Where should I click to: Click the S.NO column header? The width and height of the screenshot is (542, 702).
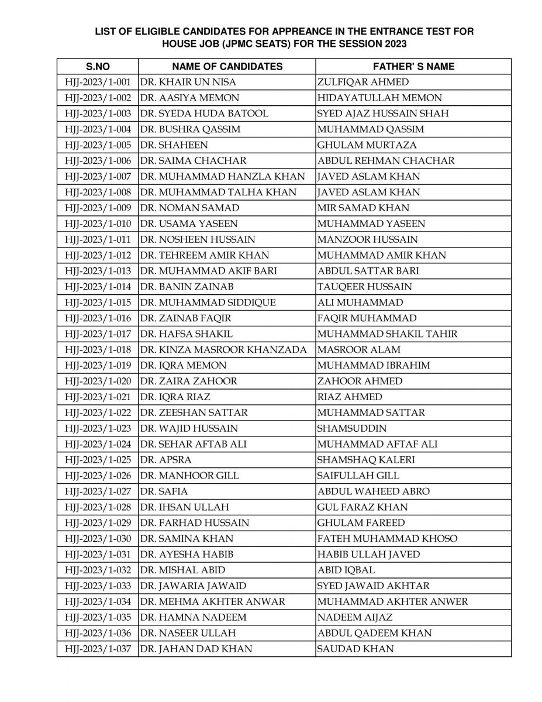coord(98,67)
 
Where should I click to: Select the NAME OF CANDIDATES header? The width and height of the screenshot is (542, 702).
coord(227,67)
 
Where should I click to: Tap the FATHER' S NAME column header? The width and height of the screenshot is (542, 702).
coord(413,67)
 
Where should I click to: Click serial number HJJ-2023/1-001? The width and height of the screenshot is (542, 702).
coord(98,82)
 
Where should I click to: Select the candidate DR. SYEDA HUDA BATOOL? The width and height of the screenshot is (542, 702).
coord(205,114)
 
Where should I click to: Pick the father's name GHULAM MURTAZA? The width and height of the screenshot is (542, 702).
coord(358,146)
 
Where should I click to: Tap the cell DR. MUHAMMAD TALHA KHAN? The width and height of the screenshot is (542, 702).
coord(219,192)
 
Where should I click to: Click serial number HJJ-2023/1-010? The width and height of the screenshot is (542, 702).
coord(98,224)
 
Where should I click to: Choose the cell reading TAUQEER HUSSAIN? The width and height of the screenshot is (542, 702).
coord(364,287)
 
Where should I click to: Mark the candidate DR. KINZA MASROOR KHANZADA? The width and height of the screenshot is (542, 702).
coord(224,350)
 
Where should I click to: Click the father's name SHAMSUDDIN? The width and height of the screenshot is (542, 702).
coord(352,428)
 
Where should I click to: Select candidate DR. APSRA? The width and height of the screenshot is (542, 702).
coord(167,460)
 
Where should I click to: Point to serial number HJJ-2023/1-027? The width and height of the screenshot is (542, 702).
coord(98,491)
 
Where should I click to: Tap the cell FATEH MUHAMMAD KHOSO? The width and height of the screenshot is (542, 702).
coord(387,539)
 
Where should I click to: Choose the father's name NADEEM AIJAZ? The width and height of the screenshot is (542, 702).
coord(355,617)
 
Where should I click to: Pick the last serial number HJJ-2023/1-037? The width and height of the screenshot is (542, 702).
coord(98,649)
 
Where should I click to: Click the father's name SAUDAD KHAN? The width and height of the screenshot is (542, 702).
coord(355,649)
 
